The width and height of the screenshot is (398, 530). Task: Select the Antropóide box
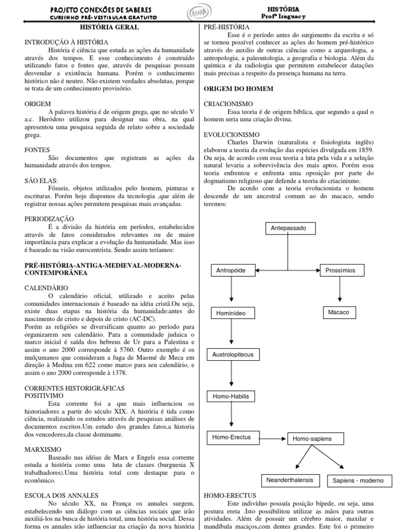[231, 270]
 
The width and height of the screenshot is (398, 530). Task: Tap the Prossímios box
[339, 270]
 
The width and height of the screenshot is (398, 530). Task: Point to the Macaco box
[339, 312]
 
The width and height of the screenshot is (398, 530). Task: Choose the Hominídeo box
[232, 313]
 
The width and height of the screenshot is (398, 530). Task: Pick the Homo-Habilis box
[231, 397]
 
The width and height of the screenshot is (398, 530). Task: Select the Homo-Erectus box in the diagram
[231, 437]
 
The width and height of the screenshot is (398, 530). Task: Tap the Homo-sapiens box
[312, 439]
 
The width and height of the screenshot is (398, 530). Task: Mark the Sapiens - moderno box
[358, 481]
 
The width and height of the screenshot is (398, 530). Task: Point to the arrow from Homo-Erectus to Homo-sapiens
[269, 438]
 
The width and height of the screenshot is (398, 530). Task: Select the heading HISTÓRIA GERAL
[109, 27]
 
